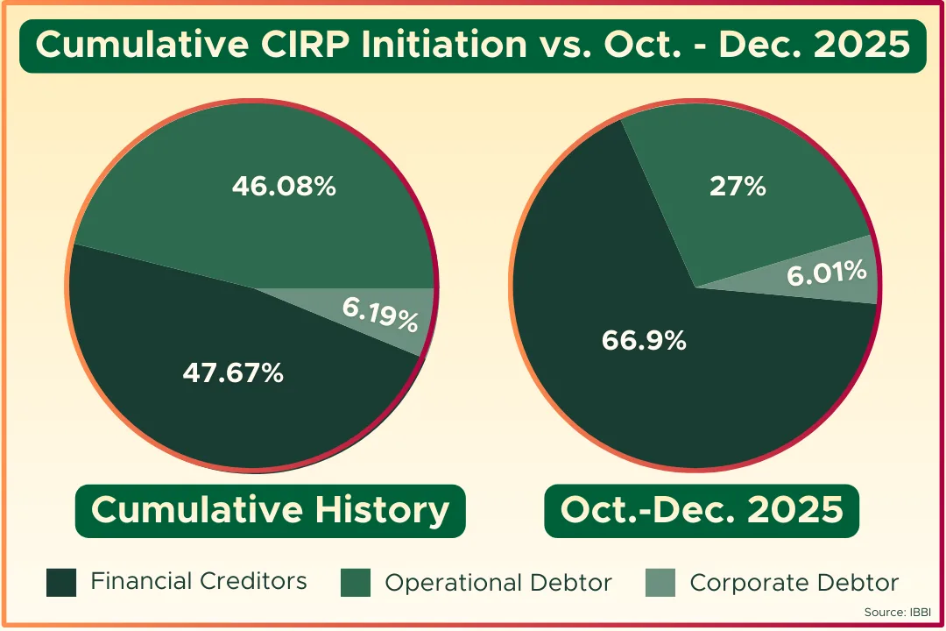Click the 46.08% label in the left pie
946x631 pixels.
point(284,187)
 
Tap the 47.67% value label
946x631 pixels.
point(233,373)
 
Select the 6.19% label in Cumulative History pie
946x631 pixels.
point(379,313)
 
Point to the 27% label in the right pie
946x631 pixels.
point(738,187)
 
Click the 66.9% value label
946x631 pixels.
point(644,341)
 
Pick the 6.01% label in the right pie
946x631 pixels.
point(826,274)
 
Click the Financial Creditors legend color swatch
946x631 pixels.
point(61,582)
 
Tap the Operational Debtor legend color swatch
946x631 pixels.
point(356,582)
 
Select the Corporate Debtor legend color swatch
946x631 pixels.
point(660,582)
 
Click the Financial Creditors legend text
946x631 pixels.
point(199,581)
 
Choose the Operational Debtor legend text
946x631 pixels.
point(498,583)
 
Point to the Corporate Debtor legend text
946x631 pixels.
point(794,583)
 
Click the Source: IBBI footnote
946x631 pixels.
point(900,612)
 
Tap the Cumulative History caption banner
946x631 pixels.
point(270,510)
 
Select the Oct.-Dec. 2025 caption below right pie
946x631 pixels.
point(702,510)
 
